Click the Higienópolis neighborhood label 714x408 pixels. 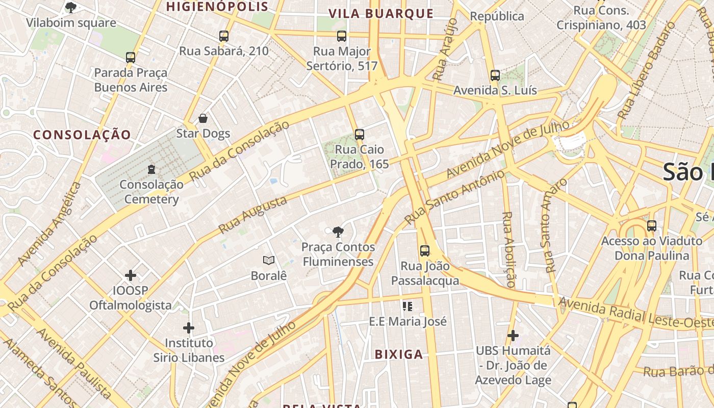click(217, 7)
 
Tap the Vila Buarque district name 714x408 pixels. click(381, 14)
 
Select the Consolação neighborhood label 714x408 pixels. click(82, 135)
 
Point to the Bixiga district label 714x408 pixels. click(399, 354)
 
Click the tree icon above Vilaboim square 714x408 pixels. click(71, 7)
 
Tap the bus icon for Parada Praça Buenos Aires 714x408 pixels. click(131, 58)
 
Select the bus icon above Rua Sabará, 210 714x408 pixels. click(224, 36)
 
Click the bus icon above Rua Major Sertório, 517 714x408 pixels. click(342, 36)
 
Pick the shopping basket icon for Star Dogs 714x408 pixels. click(203, 119)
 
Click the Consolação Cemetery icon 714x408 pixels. click(151, 169)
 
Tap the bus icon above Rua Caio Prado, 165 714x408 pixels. click(360, 135)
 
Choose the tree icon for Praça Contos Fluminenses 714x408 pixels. click(338, 232)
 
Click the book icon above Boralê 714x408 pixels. click(269, 261)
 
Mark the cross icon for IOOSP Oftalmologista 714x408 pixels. click(131, 275)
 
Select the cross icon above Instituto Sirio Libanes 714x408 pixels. click(189, 327)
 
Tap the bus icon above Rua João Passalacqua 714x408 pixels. click(425, 250)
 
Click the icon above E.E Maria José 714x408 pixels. click(407, 306)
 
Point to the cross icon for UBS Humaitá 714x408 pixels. click(513, 336)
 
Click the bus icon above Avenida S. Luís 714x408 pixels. click(495, 75)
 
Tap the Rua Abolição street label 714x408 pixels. click(509, 250)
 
